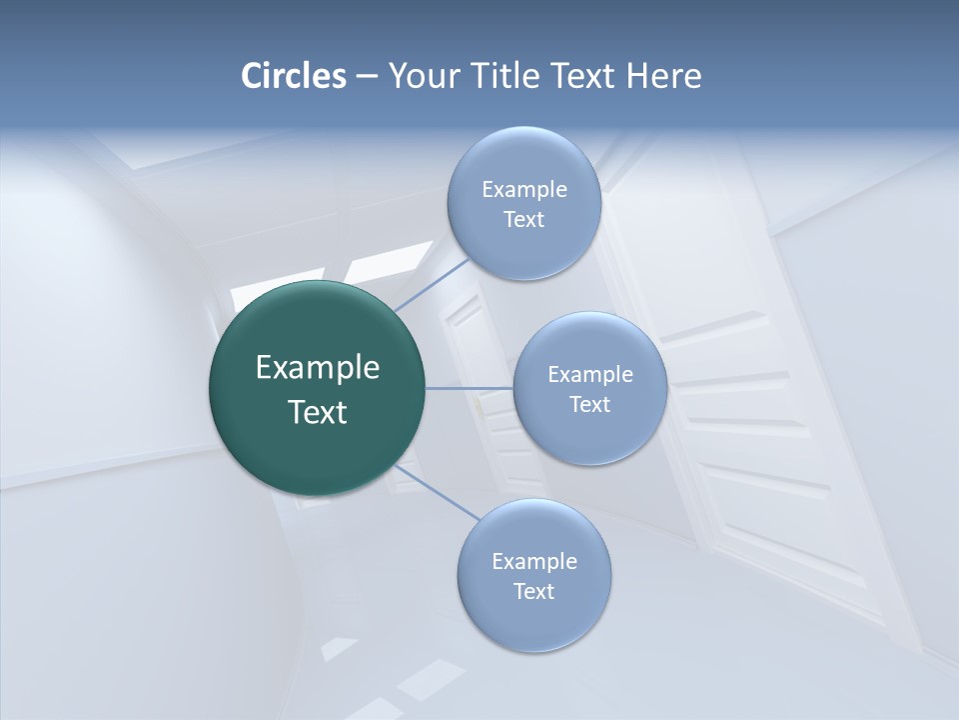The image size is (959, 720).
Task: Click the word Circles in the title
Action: tap(294, 76)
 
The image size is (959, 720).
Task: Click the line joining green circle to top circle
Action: tap(432, 283)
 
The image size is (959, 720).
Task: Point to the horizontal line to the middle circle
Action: tap(469, 388)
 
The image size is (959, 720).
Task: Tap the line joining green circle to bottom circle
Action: tap(436, 492)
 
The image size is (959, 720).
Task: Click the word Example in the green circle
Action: tap(318, 368)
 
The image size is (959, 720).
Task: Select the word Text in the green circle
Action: tap(318, 412)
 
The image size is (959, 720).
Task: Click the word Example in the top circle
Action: tap(524, 190)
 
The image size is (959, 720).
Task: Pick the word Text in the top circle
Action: tap(523, 220)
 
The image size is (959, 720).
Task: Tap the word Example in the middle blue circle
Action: tap(590, 375)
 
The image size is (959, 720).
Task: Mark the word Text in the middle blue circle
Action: tap(589, 404)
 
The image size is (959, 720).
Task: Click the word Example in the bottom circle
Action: tap(534, 562)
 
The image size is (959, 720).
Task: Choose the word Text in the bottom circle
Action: tap(533, 591)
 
